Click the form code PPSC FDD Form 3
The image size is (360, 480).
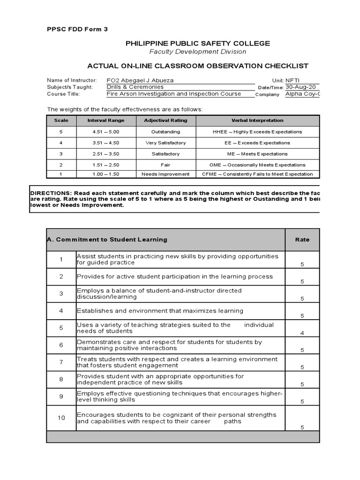click(x=77, y=29)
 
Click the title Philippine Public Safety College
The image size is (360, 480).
click(x=197, y=43)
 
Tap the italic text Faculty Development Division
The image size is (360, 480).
click(x=197, y=52)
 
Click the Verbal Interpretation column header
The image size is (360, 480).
click(x=257, y=120)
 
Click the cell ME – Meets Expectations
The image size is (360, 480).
click(x=257, y=154)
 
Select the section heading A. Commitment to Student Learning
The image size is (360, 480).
click(x=107, y=240)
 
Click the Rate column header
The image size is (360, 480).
click(x=302, y=240)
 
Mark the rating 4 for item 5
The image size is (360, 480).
click(x=302, y=333)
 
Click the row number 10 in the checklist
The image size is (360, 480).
click(x=61, y=418)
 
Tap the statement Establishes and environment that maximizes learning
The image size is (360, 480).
click(x=160, y=311)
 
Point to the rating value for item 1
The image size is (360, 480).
click(x=302, y=265)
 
